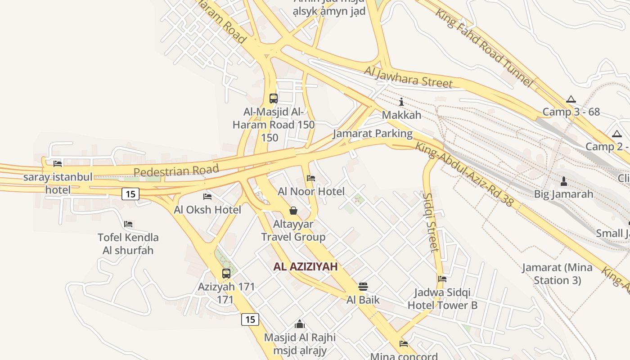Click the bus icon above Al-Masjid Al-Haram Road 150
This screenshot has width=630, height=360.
(273, 98)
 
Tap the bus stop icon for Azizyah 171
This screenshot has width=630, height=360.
(226, 273)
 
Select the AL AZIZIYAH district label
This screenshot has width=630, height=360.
(305, 266)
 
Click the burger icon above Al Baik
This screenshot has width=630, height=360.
(363, 287)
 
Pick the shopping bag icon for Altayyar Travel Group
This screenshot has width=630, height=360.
(293, 210)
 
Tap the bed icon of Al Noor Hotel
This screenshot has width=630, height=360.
(311, 178)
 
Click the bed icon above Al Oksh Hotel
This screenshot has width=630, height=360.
(207, 197)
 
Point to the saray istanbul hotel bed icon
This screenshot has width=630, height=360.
(58, 164)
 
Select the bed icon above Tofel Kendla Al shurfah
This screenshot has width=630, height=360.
(128, 224)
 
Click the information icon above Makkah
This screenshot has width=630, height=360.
(401, 102)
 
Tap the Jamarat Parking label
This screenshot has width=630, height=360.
(373, 134)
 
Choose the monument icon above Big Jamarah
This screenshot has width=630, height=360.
(563, 181)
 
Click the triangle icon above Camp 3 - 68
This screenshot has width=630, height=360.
(571, 99)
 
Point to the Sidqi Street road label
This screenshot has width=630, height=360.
(431, 222)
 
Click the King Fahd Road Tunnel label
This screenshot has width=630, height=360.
(484, 48)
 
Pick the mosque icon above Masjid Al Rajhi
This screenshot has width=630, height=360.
(300, 324)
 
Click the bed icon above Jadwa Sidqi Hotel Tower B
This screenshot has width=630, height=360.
(442, 279)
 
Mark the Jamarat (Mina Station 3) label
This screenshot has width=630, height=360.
(557, 274)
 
